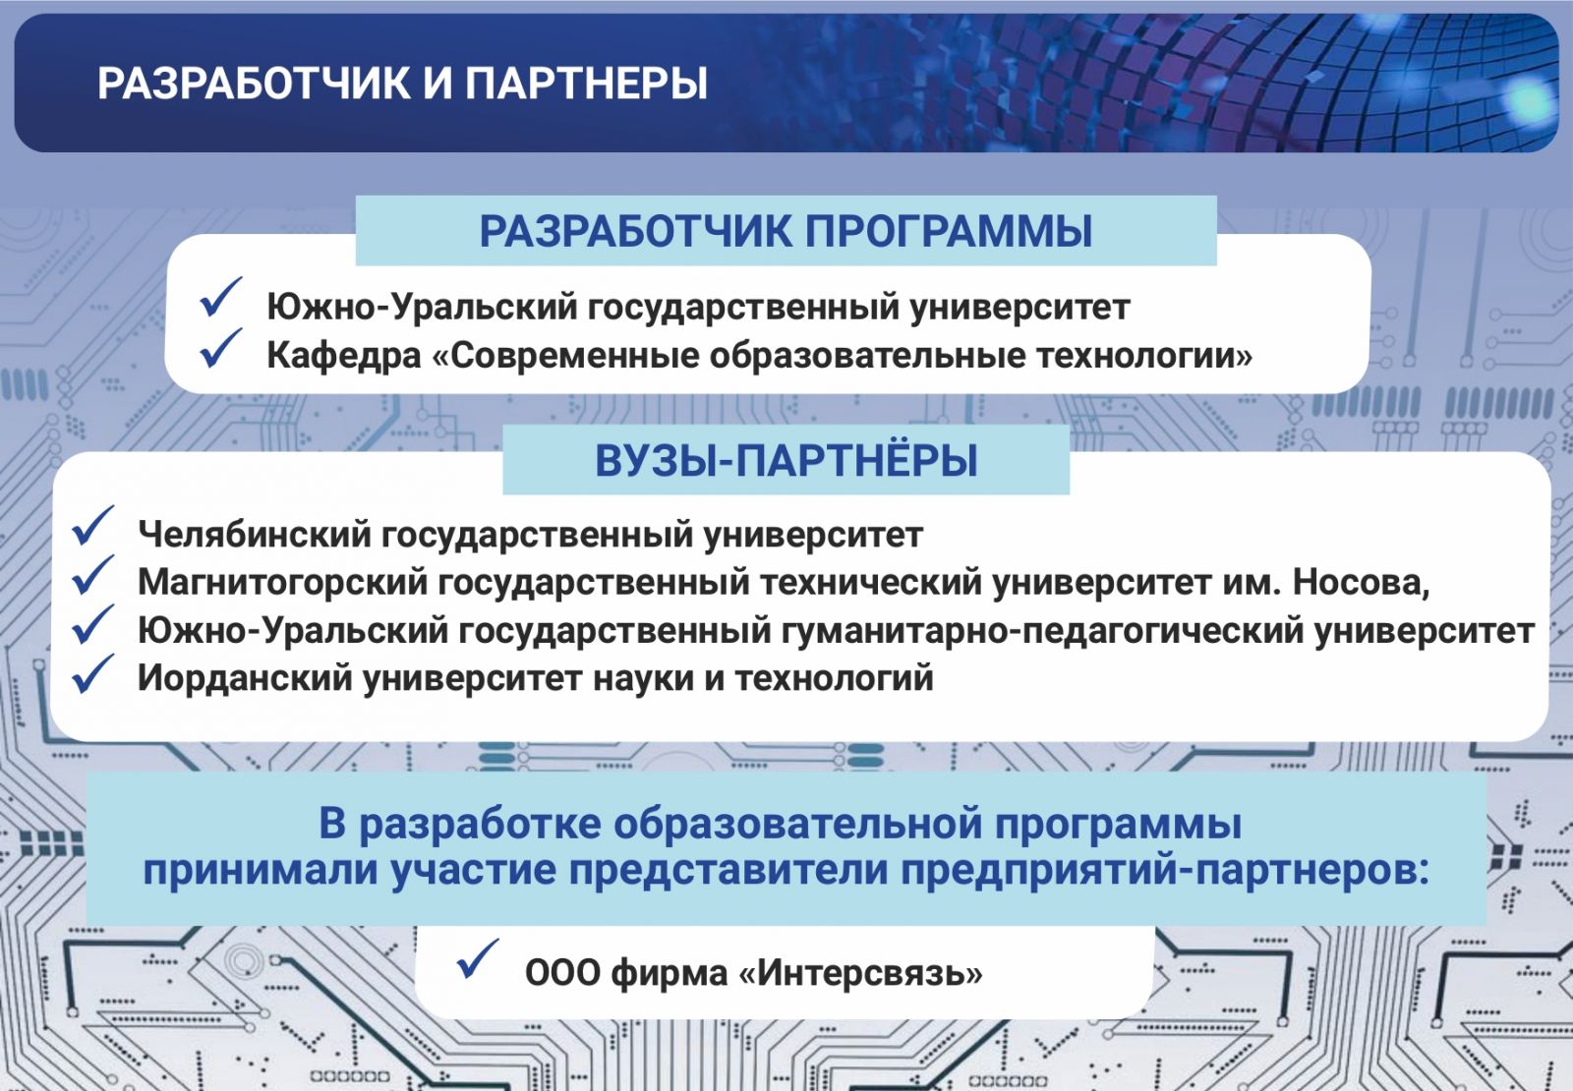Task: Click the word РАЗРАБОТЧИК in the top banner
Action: pos(255,84)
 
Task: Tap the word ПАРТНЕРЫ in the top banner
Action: pos(586,84)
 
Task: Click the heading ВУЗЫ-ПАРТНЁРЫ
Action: pos(786,461)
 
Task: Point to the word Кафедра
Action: pos(343,355)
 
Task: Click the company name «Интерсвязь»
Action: pos(860,972)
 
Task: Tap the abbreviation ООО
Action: pos(562,973)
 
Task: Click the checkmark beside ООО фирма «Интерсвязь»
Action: pos(477,958)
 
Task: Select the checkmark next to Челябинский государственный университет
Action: pos(92,525)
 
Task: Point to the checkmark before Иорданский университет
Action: pos(92,673)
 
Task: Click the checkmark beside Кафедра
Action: pos(220,348)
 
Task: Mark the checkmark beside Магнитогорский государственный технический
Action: pos(92,574)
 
